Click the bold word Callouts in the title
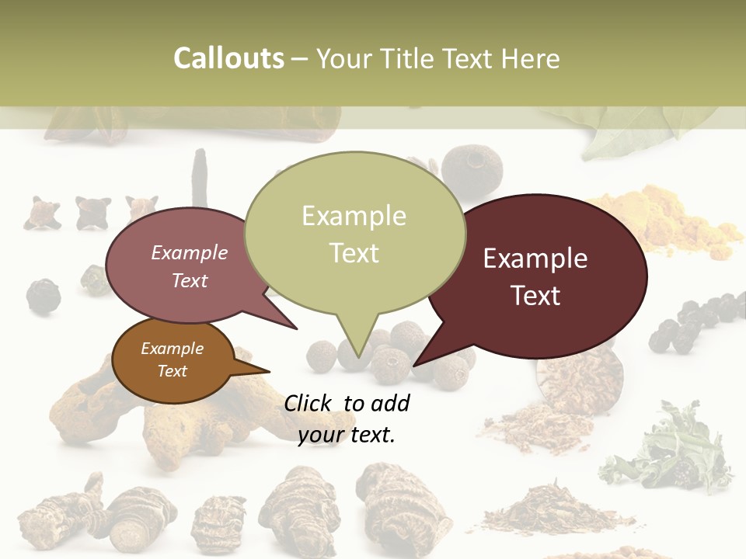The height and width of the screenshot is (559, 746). point(228,58)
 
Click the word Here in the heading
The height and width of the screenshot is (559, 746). point(531,58)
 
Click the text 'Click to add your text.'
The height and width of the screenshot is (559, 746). point(347,418)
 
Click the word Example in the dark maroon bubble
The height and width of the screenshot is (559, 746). point(535,259)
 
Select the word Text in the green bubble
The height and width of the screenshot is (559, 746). point(354,253)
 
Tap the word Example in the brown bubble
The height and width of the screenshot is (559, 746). point(172,349)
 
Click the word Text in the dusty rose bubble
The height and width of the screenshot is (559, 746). point(190,280)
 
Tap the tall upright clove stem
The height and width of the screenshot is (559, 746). point(200,179)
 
